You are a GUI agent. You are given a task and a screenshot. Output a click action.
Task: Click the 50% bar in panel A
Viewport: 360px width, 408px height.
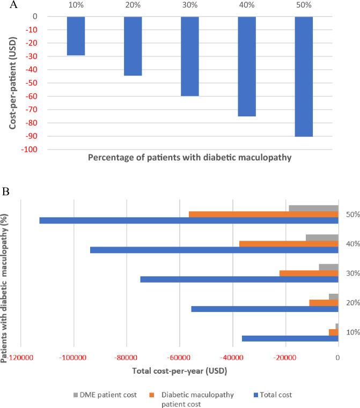click(x=304, y=76)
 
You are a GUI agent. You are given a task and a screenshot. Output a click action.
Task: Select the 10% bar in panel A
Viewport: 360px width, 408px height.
click(x=76, y=35)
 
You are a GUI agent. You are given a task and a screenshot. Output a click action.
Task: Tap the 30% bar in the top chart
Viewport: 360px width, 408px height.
click(x=190, y=56)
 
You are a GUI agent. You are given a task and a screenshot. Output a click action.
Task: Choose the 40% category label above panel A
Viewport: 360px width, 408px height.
click(x=247, y=5)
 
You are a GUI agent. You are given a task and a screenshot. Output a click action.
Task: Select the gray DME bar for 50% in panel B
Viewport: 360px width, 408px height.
click(x=313, y=208)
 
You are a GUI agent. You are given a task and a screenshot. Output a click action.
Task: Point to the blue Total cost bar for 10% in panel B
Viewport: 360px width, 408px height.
click(x=290, y=338)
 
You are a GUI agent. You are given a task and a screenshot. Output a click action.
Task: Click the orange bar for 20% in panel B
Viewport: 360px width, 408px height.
click(x=324, y=302)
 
